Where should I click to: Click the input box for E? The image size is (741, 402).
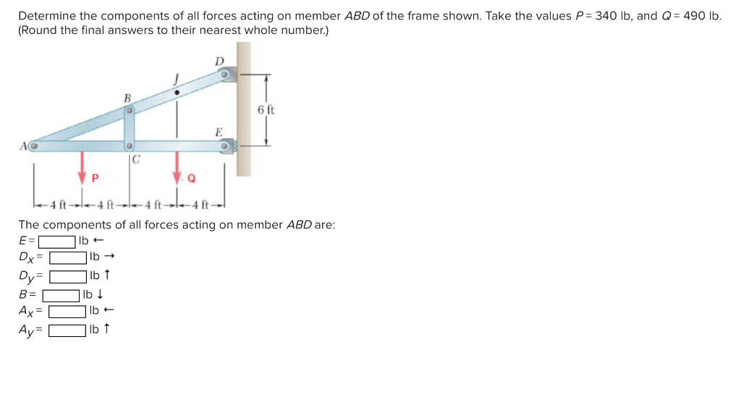[x=57, y=241]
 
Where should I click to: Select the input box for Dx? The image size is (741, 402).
[x=68, y=257]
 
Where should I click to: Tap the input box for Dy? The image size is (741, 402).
[x=68, y=275]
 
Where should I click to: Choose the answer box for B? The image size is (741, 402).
[x=61, y=294]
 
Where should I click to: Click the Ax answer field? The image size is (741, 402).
[x=68, y=312]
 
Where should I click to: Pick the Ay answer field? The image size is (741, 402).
[x=68, y=330]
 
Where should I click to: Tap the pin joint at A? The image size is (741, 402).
[x=33, y=147]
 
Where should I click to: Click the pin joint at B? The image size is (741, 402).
[x=130, y=111]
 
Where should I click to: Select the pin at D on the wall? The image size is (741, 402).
[x=226, y=74]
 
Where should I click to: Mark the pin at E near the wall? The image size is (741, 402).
[x=226, y=147]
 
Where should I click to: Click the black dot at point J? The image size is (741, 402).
[x=177, y=93]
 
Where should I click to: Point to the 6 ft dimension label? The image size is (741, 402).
[x=266, y=110]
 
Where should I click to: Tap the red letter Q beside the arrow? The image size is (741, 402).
[x=191, y=178]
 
